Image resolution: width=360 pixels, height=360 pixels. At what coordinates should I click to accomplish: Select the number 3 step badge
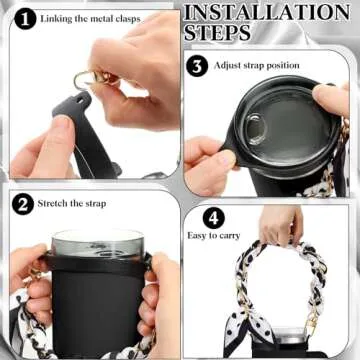pos(198,65)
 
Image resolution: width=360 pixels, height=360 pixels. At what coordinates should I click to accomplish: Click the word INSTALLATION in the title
pos(267,14)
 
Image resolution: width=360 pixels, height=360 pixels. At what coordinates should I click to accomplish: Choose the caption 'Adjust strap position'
pos(258,66)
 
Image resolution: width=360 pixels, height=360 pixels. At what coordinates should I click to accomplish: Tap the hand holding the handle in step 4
pos(281,225)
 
